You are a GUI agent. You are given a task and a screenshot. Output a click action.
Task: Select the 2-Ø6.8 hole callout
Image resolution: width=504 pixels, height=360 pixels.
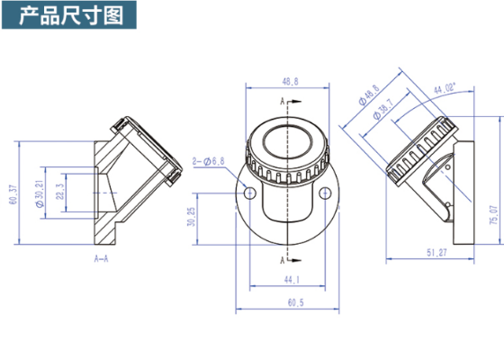(x=210, y=161)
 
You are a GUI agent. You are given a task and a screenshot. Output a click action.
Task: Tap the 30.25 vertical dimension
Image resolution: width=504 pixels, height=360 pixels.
(x=216, y=217)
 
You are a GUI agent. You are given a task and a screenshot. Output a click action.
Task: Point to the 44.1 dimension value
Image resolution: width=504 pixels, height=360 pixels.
(x=291, y=281)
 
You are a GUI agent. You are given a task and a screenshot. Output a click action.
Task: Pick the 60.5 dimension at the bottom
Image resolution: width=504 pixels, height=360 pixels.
(x=291, y=304)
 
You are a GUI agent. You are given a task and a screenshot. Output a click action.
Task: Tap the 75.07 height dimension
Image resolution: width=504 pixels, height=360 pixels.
(x=492, y=215)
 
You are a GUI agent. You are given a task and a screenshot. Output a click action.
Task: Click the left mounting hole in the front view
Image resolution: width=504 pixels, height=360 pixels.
(x=249, y=191)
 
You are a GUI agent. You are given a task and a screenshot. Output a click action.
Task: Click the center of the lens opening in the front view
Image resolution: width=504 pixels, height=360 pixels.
(x=287, y=143)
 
